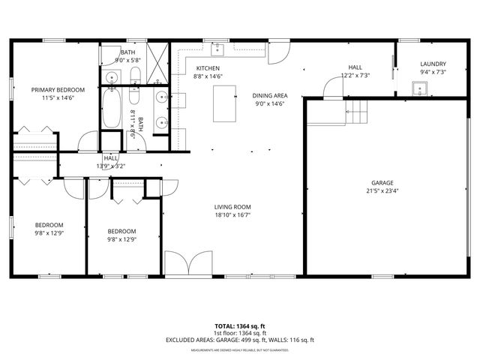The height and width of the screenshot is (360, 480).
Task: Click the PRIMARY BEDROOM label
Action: point(58,90)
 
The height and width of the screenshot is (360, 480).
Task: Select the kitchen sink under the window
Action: point(218,49)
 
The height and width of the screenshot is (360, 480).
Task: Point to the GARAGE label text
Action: point(382,182)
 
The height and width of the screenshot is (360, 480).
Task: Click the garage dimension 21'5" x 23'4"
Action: point(382,190)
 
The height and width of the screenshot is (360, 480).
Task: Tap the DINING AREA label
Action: point(270,96)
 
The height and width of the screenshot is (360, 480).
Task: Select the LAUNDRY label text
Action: point(433,64)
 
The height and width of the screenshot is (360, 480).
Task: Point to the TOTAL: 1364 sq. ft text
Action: point(240,326)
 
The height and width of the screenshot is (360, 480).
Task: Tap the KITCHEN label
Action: point(208,68)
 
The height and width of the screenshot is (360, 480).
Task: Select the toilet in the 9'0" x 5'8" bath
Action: point(135,74)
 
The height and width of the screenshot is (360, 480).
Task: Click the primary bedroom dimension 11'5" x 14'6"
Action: point(58,98)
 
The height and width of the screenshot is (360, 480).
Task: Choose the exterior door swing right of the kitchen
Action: point(278,52)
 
